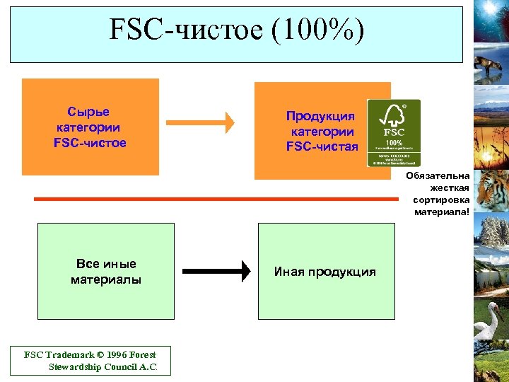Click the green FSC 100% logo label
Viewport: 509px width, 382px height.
pos(393,133)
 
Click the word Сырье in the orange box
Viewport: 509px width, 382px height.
pos(88,112)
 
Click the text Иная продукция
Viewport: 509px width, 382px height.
pos(325,272)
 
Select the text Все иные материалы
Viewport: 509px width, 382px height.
pos(106,272)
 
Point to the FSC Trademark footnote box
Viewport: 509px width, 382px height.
pos(90,361)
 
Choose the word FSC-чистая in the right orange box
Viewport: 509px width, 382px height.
pos(322,146)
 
